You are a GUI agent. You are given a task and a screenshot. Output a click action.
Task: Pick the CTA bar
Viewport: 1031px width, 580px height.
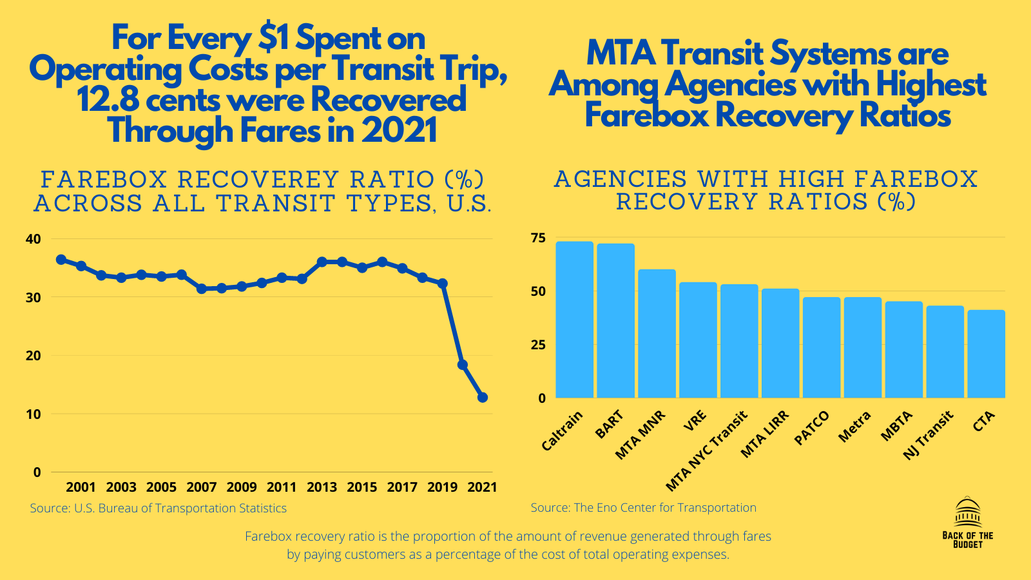click(986, 354)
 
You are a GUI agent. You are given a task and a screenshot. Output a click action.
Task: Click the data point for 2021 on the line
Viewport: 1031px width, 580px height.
click(483, 398)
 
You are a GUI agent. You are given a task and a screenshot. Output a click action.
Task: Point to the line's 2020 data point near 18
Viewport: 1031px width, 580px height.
click(462, 365)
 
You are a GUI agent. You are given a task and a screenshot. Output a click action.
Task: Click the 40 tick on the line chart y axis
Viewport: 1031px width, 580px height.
click(33, 239)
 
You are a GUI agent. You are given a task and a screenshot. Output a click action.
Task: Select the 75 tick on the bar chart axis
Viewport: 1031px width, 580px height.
click(537, 238)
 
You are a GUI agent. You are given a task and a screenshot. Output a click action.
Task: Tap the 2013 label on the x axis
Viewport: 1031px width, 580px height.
click(322, 487)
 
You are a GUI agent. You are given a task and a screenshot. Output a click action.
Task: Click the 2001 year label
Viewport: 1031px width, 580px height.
click(81, 487)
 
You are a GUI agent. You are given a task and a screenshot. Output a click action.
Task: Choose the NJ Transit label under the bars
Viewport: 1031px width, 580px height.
click(929, 436)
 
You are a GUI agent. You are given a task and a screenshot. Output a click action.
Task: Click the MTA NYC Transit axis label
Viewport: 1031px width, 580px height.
click(706, 450)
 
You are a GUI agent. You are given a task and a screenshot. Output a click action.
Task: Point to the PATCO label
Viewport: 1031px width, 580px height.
click(811, 428)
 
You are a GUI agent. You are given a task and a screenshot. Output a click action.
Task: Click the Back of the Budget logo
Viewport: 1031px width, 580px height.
click(967, 523)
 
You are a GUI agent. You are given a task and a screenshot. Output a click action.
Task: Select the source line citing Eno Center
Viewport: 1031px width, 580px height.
click(643, 508)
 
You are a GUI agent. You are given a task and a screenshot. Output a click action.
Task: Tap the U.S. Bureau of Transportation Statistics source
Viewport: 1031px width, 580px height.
click(158, 508)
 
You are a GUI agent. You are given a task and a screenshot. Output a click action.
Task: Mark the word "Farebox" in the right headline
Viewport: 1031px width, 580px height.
click(646, 116)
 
